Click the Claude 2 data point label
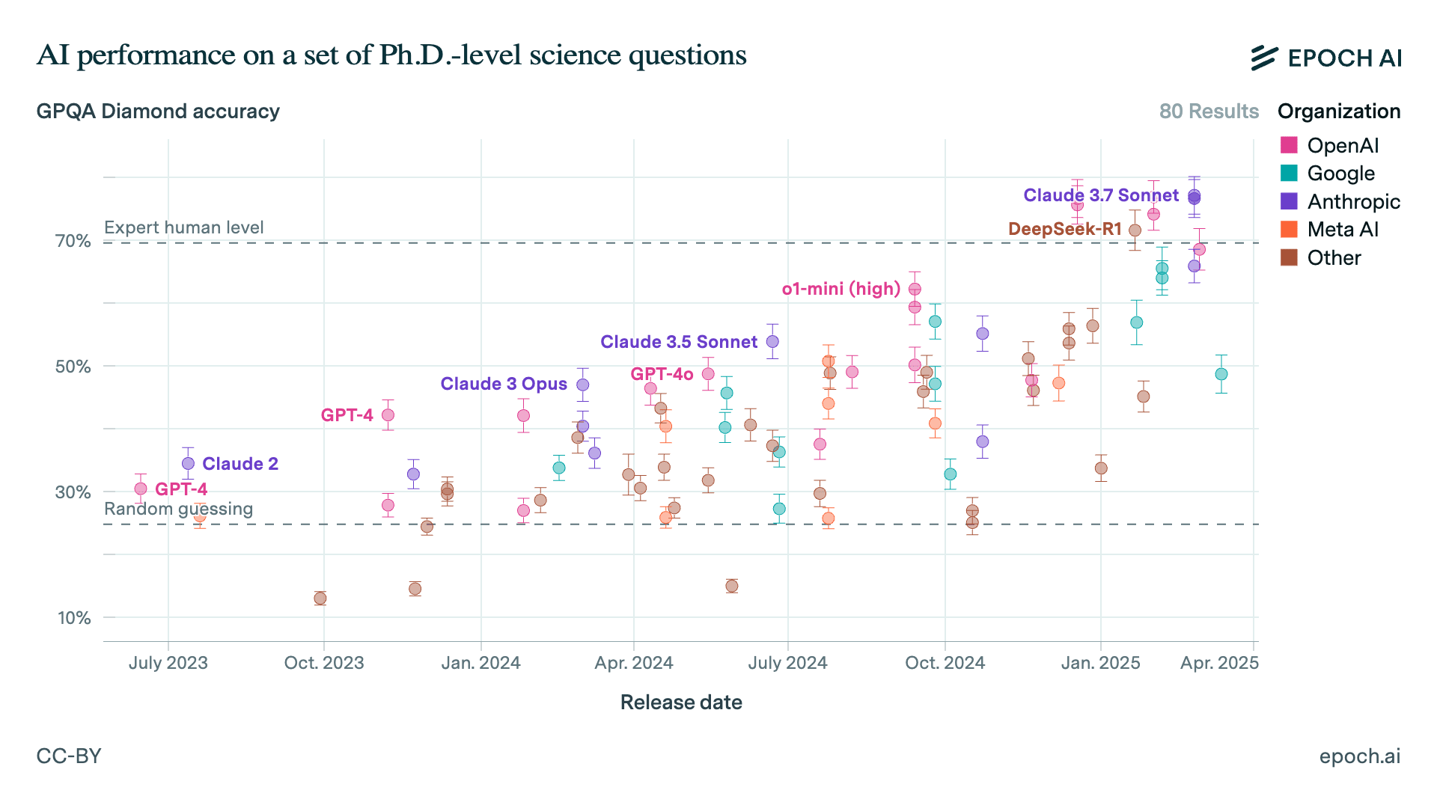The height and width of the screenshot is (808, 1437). [240, 464]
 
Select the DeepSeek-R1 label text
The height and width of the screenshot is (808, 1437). [1064, 229]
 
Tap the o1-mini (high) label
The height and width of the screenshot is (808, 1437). [840, 289]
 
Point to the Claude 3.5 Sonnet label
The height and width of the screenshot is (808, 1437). [678, 342]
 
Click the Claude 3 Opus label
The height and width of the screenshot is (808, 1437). [504, 384]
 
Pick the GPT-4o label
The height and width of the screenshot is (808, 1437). [662, 374]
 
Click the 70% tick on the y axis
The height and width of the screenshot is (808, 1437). [73, 241]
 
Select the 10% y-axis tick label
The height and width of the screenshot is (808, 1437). [73, 618]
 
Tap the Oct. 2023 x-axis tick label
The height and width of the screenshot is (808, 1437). [324, 663]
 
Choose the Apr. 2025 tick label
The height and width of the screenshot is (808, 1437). [1219, 663]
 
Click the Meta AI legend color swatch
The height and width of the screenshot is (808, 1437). [1289, 230]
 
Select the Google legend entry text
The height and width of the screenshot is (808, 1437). [1340, 174]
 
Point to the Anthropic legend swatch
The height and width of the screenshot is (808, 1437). [1289, 201]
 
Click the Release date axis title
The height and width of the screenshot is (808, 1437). [681, 703]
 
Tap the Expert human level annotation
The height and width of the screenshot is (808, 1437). [184, 227]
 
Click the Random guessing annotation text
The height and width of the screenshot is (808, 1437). [178, 509]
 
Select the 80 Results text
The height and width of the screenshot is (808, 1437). [1209, 111]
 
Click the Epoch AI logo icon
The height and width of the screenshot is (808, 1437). [1264, 58]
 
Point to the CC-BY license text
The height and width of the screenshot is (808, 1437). [69, 756]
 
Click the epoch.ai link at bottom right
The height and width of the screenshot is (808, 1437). [1359, 756]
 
